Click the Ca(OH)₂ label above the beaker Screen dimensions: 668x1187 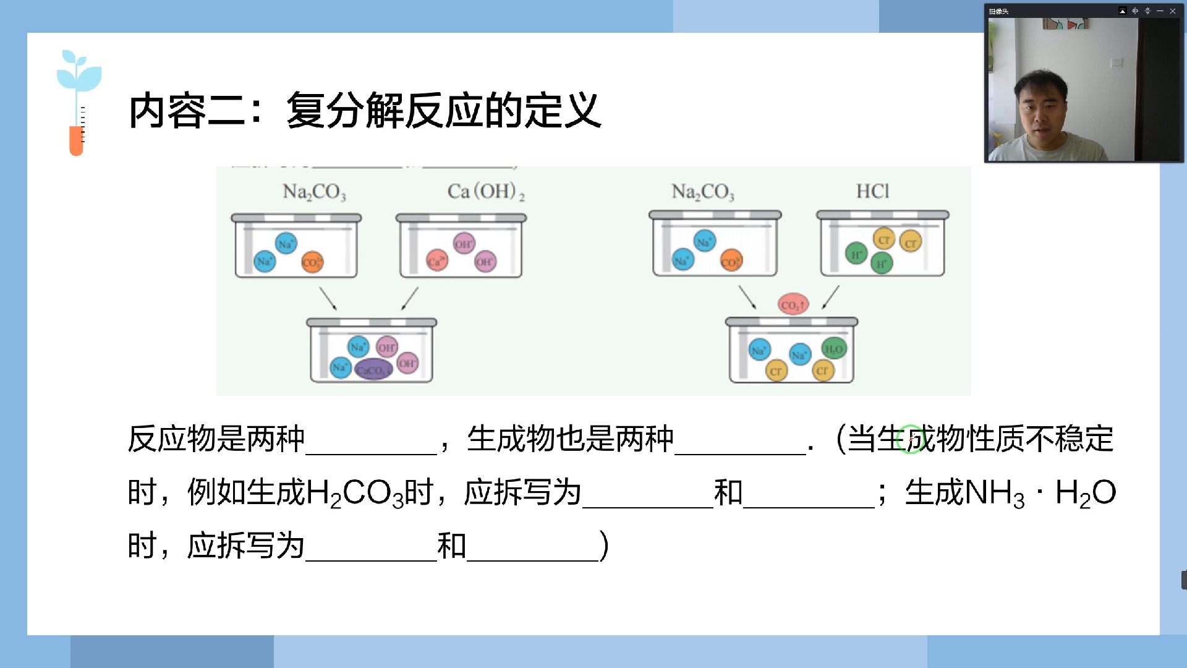486,192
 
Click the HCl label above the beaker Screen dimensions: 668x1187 872,192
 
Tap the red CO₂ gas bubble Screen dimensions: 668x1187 793,304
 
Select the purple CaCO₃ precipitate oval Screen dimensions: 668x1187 373,370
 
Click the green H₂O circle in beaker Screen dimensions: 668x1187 833,349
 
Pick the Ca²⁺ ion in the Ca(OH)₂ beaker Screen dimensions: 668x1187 436,260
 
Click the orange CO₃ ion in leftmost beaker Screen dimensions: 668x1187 312,262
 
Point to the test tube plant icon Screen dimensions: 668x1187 78,103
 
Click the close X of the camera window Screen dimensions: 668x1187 1173,11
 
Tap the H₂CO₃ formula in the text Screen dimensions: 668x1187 354,494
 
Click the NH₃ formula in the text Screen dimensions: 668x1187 994,494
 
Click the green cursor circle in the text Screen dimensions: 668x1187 911,439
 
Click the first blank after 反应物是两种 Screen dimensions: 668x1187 371,440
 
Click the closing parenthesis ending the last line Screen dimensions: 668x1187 605,546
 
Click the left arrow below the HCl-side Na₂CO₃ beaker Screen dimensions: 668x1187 747,297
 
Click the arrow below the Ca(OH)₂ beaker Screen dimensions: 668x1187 410,298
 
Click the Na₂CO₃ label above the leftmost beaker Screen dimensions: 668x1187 314,192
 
